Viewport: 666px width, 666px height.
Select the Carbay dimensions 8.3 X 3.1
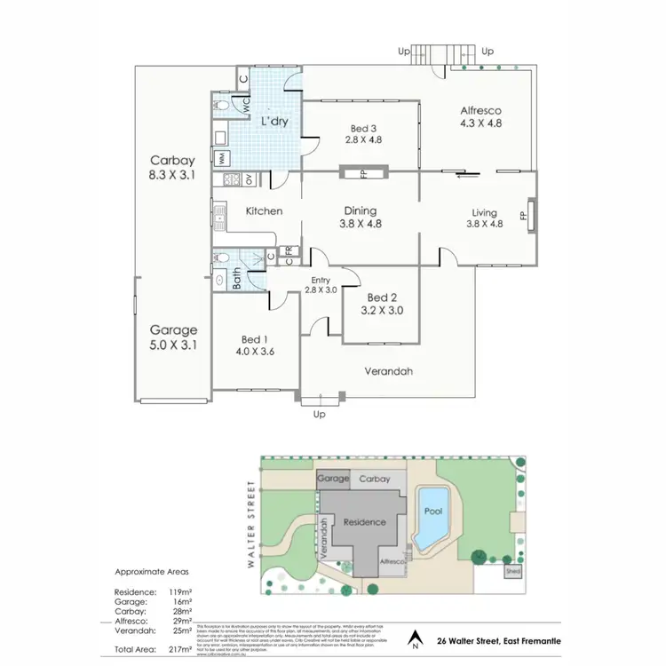coord(172,176)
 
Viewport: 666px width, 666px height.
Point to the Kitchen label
coord(264,211)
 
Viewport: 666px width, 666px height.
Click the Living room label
coord(484,212)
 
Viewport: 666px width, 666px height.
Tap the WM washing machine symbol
coord(221,158)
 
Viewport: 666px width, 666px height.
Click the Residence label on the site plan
coord(364,522)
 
